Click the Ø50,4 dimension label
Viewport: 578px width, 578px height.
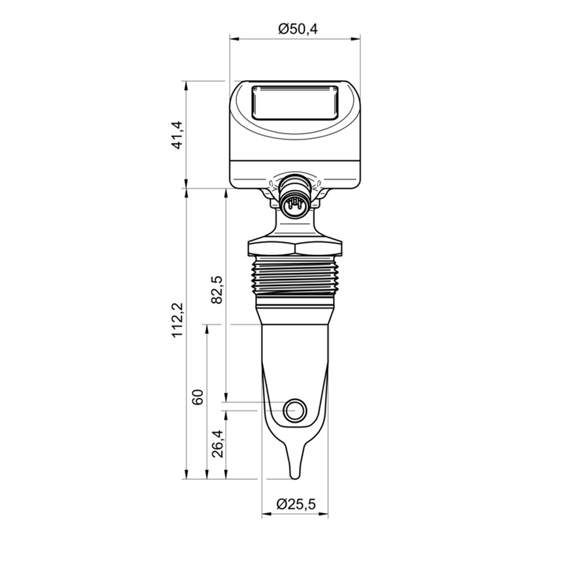click(x=298, y=29)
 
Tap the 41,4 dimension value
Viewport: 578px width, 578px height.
click(x=178, y=134)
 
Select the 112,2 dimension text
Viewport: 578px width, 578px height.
click(x=178, y=319)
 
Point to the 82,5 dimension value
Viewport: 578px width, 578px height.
click(x=217, y=290)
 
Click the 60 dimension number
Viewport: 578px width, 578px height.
click(x=198, y=397)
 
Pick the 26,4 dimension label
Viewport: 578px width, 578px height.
click(x=217, y=444)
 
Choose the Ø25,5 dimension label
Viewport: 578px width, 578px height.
click(x=296, y=504)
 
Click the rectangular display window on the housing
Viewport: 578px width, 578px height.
click(x=295, y=103)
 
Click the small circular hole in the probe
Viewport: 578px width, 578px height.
click(x=295, y=410)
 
